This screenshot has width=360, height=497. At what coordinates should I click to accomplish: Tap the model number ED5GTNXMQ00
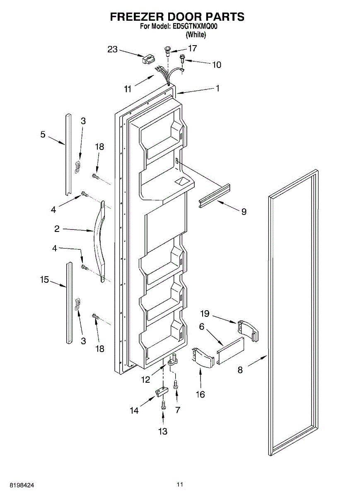pos(195,26)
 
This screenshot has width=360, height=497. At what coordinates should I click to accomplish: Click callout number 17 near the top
pos(192,48)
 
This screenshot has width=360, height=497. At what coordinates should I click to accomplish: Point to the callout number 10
pos(217,65)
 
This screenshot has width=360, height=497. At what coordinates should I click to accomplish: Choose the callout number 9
pos(244,212)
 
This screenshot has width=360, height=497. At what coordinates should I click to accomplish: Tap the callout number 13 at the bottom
pos(163,432)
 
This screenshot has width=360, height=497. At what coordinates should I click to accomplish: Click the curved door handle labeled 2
pos(99,240)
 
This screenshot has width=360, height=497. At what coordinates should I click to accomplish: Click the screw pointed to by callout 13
pos(163,404)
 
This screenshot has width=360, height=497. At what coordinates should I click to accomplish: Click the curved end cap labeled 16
pos(201,357)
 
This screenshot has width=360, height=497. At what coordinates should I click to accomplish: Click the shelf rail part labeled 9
pos(214,195)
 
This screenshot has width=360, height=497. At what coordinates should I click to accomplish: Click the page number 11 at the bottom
pos(179,484)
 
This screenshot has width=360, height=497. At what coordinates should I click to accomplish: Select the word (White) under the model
pos(196,35)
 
